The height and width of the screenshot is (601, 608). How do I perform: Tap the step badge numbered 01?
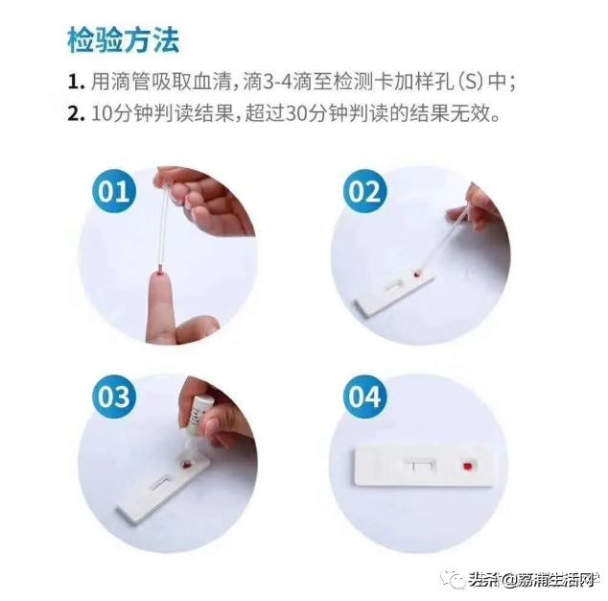(x=114, y=191)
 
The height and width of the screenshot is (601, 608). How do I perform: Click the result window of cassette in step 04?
(x=419, y=467)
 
